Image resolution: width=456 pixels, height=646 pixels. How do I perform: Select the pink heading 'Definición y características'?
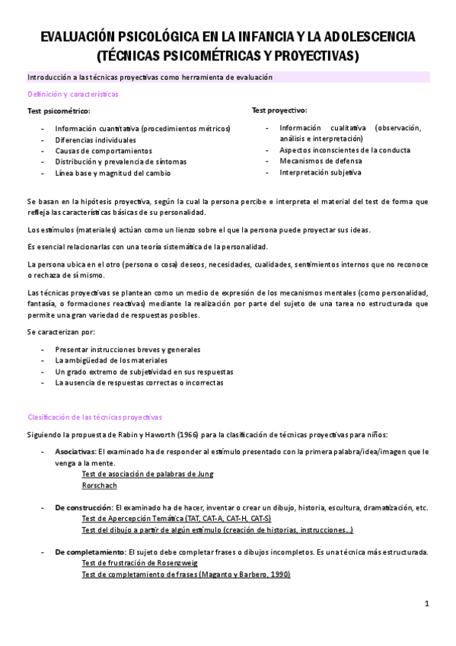(73, 94)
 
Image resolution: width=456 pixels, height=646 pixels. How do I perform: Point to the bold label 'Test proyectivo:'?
(279, 110)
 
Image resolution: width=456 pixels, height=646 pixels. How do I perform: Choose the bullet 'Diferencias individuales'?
(96, 140)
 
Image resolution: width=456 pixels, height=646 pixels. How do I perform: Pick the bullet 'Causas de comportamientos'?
(104, 151)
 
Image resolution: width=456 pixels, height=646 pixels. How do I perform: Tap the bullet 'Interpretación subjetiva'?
(320, 172)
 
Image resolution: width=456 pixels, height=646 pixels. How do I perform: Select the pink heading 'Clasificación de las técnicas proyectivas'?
(95, 417)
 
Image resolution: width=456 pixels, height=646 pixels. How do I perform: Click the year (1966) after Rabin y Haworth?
(221, 434)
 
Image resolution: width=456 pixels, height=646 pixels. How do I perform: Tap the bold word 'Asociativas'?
(75, 452)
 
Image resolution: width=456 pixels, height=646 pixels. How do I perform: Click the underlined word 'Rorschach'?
(98, 484)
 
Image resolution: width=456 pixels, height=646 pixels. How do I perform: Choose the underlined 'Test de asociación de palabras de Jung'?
(148, 474)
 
